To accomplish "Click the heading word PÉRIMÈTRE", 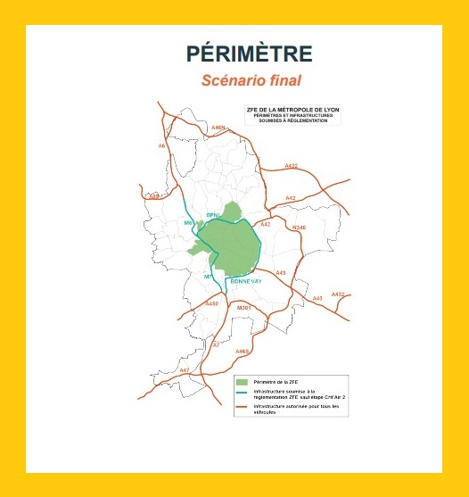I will pyautogui.click(x=249, y=54).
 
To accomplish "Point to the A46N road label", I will pyautogui.click(x=218, y=128).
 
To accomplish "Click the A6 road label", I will pyautogui.click(x=161, y=146).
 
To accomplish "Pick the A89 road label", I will pyautogui.click(x=154, y=196).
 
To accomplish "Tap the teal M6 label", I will pyautogui.click(x=188, y=222).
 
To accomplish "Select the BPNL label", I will pyautogui.click(x=213, y=216).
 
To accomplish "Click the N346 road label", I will pyautogui.click(x=299, y=228).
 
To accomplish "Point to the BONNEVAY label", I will pyautogui.click(x=245, y=281).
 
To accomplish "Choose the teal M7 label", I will pyautogui.click(x=208, y=277).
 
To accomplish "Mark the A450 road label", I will pyautogui.click(x=211, y=304).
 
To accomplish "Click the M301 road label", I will pyautogui.click(x=242, y=307).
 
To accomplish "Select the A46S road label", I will pyautogui.click(x=242, y=352).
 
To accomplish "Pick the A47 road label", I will pyautogui.click(x=185, y=369).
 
